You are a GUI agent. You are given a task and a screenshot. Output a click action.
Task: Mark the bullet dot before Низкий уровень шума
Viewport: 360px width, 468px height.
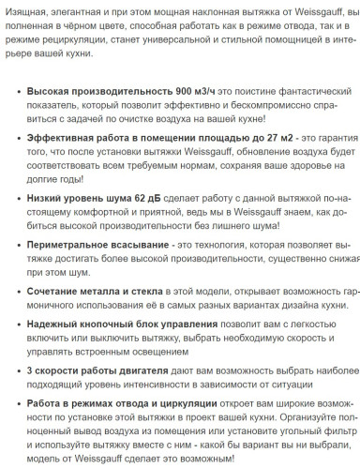click(x=17, y=200)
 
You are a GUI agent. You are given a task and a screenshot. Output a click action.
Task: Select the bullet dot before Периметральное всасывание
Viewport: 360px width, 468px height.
click(x=17, y=245)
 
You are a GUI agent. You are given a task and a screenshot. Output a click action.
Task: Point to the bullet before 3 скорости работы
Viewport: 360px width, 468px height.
click(x=17, y=370)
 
